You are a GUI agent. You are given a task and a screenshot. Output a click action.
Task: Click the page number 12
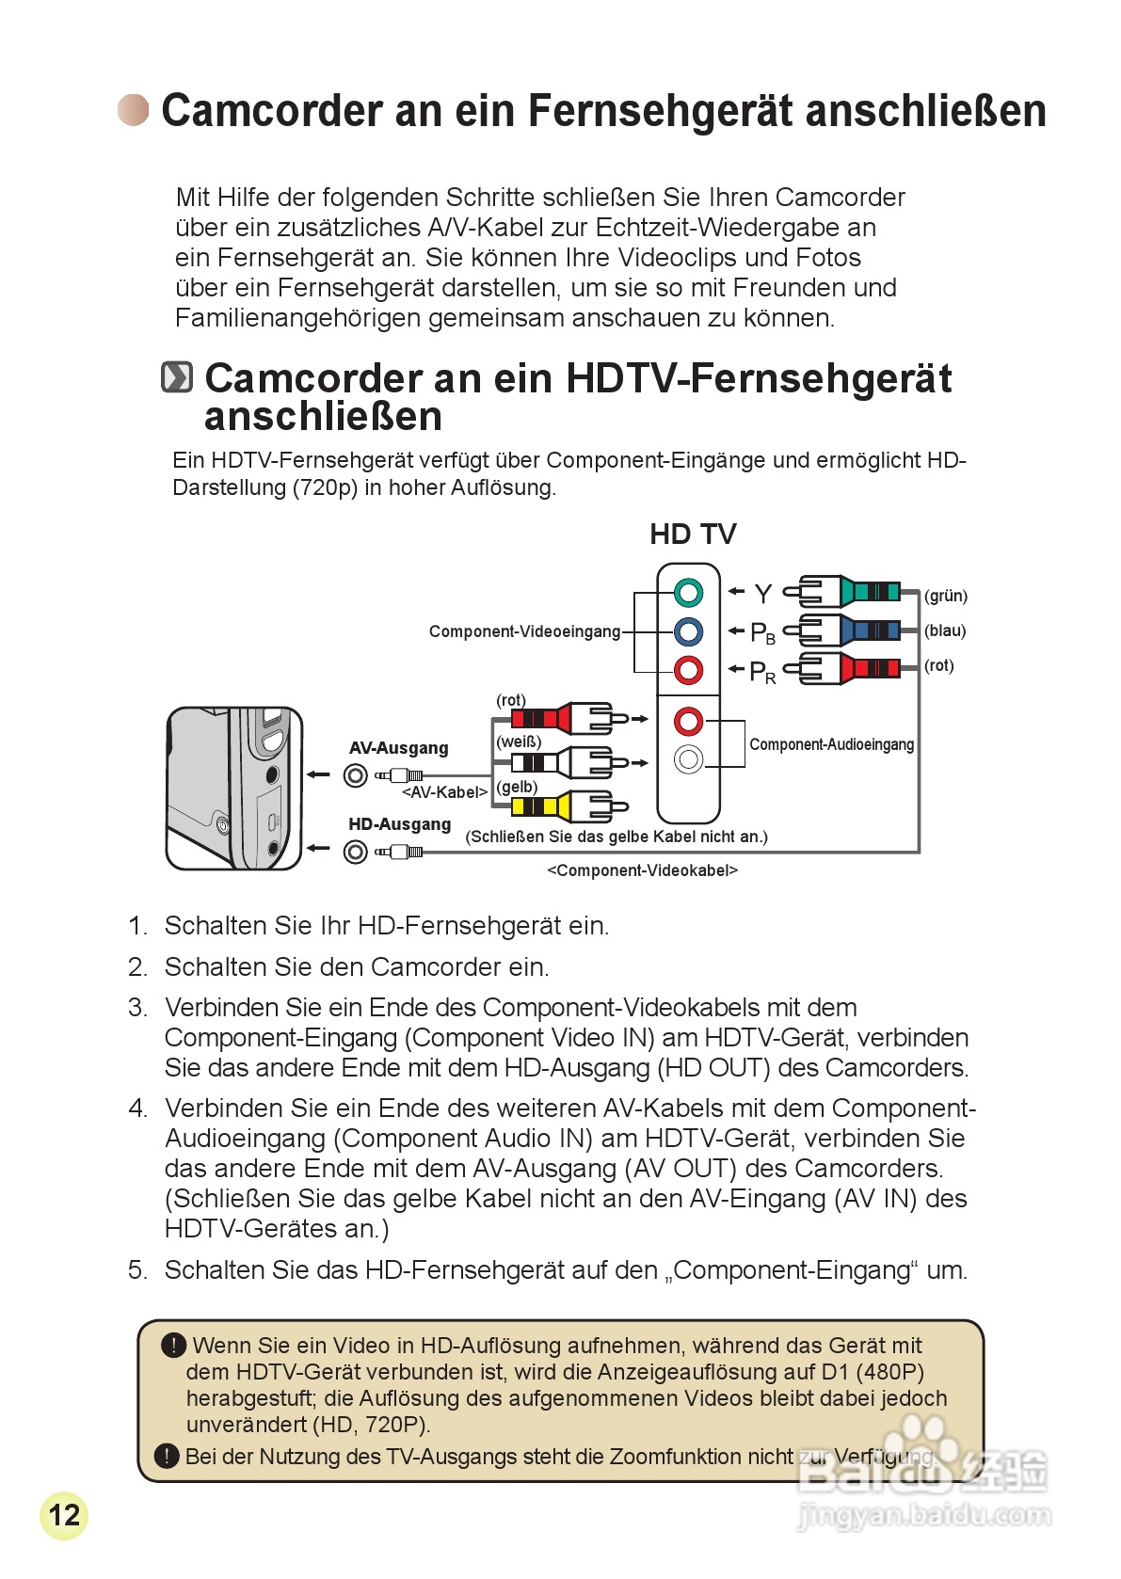64,1515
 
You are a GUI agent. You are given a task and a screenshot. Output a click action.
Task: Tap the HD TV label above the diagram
693,534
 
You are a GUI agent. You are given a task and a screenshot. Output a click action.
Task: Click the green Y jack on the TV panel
688,593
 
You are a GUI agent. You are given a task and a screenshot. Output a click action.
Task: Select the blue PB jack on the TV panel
688,631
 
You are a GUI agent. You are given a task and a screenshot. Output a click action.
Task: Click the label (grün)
946,596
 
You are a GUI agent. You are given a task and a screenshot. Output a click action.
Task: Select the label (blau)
945,630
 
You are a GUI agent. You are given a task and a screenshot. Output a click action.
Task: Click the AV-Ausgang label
398,748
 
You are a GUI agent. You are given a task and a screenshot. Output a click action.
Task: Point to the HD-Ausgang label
399,824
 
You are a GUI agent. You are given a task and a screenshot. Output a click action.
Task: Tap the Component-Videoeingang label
524,631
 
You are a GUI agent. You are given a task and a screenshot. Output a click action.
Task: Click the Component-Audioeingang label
831,744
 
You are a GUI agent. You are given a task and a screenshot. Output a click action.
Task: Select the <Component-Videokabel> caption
642,870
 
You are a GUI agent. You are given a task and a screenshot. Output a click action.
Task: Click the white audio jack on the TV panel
688,758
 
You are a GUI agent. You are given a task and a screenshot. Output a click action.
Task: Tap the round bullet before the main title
133,110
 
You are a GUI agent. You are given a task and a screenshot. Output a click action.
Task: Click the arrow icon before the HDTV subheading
177,377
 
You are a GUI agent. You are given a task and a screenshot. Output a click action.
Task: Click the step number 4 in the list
138,1108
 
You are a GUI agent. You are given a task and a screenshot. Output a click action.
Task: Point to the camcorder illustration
234,789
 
